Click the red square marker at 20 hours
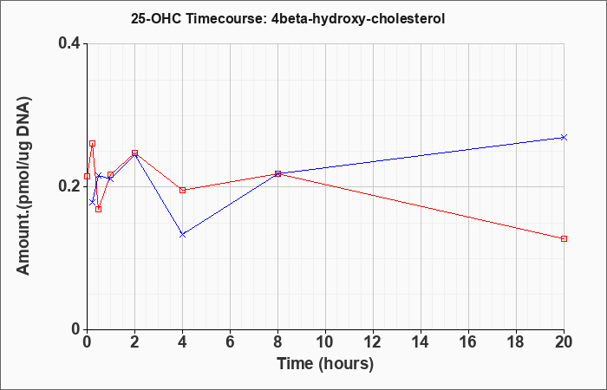click(x=564, y=238)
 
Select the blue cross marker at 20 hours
click(x=564, y=137)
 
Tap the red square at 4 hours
click(x=183, y=190)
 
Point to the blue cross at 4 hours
click(x=183, y=235)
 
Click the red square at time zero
click(x=87, y=177)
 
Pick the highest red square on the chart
click(x=92, y=144)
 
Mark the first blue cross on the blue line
click(x=92, y=202)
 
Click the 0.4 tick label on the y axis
click(x=69, y=43)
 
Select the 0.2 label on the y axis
click(x=69, y=186)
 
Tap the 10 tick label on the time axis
click(x=325, y=342)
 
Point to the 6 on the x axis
click(x=231, y=342)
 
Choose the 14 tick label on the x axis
click(x=421, y=342)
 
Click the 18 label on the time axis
click(x=517, y=342)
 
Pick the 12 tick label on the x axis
click(x=373, y=342)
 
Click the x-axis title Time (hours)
click(x=325, y=364)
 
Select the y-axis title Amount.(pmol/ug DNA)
click(x=23, y=185)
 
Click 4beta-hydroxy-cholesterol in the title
click(x=355, y=19)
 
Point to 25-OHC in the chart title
click(x=156, y=18)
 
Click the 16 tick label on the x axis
click(x=469, y=342)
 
